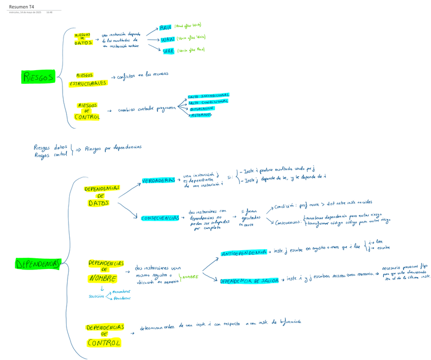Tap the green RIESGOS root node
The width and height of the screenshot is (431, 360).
[x=38, y=77]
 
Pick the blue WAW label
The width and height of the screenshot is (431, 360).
[x=167, y=39]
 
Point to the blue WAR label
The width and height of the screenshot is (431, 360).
[x=169, y=51]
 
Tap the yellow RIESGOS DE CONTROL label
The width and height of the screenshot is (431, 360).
[x=87, y=111]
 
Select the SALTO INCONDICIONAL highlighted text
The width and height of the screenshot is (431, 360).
[x=208, y=96]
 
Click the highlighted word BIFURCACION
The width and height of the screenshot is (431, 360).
[x=202, y=108]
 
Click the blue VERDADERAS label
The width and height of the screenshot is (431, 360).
[x=159, y=181]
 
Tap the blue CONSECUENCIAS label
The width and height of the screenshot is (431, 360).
[x=159, y=218]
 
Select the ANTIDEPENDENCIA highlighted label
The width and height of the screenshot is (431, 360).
[x=243, y=253]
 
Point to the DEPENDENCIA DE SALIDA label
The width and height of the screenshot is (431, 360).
[x=249, y=281]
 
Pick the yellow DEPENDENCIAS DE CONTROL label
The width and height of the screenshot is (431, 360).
[x=105, y=335]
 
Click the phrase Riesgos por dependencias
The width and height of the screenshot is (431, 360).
[x=113, y=148]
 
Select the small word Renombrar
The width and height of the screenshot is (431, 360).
[x=121, y=292]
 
